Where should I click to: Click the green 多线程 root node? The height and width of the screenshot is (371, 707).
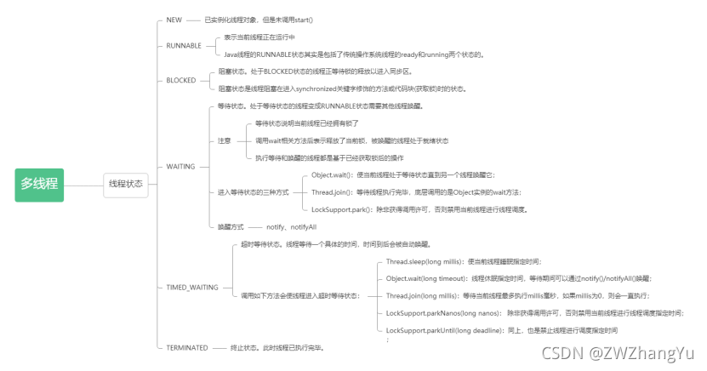pos(40,183)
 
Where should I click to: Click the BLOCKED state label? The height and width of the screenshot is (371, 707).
pos(180,80)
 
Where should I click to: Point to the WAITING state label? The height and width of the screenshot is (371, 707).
pos(180,166)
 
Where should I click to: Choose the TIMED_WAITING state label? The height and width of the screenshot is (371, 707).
pos(192,287)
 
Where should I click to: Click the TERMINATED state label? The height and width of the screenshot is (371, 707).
pos(187,348)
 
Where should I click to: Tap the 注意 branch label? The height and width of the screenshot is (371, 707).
pos(224,140)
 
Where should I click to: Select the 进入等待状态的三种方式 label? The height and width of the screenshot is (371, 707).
pos(253,192)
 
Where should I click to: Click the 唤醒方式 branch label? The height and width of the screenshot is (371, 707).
pos(231,227)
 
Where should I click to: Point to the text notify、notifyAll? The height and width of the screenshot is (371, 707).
pos(291,227)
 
